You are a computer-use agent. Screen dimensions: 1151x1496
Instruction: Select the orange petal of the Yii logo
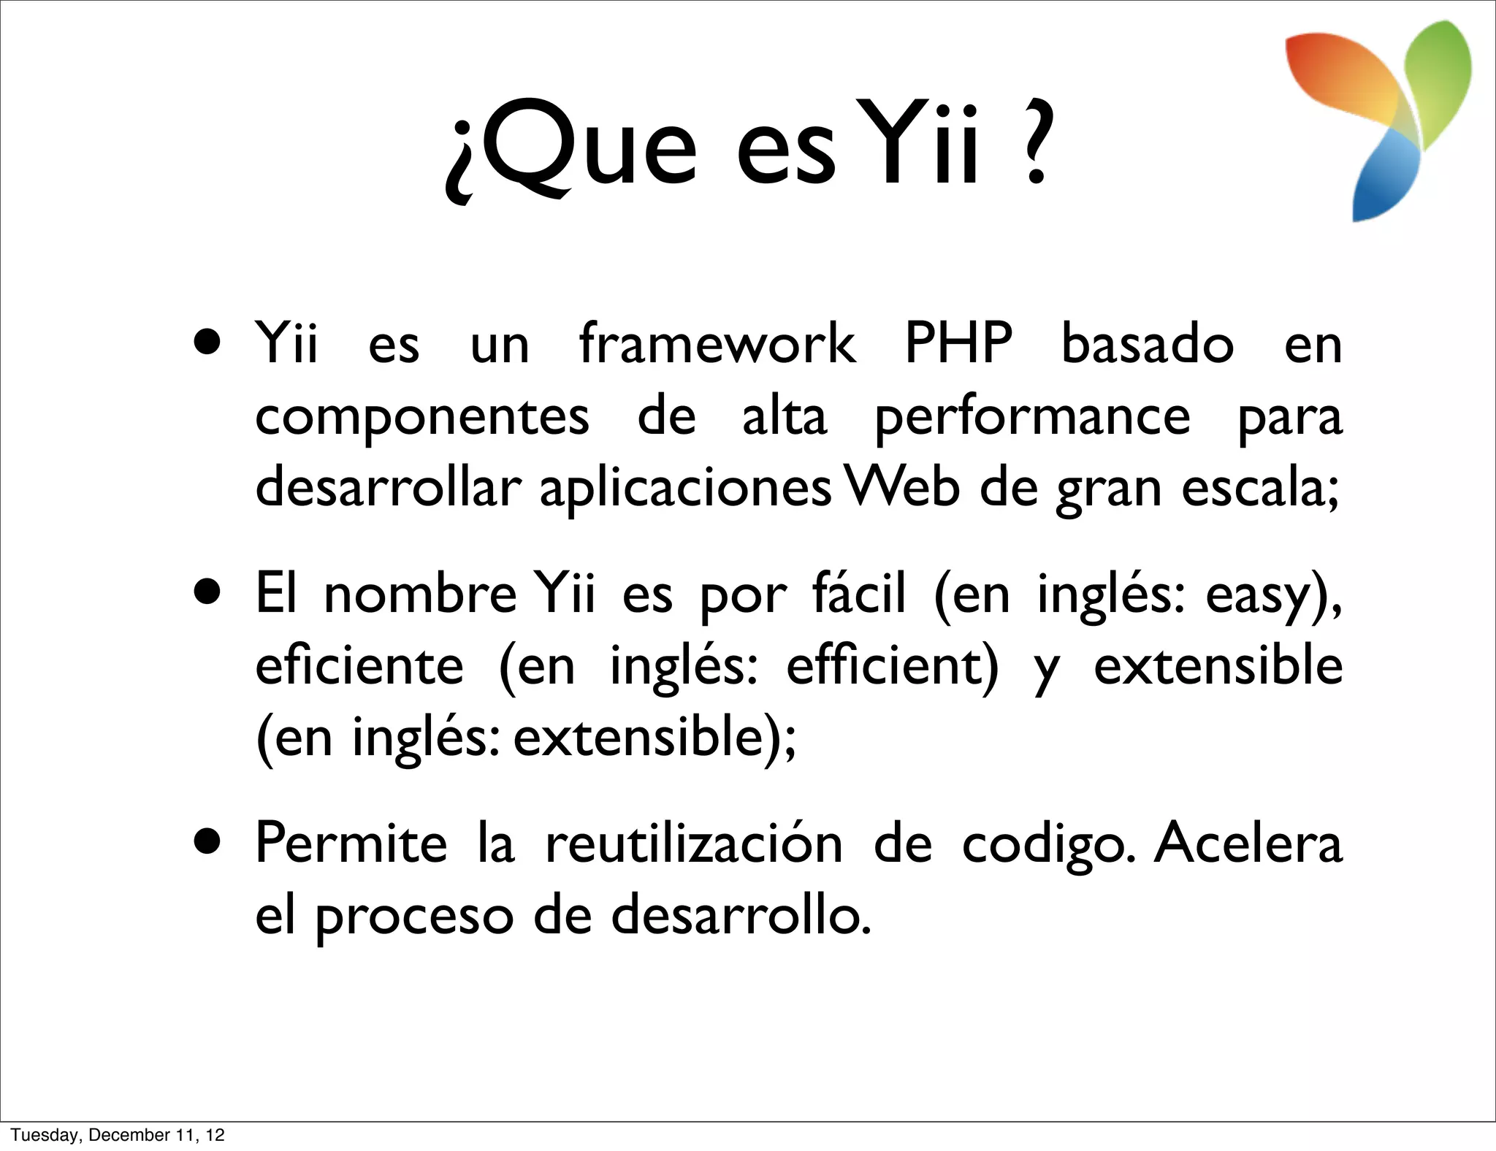1344,80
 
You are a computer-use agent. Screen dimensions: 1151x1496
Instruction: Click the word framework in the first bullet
717,343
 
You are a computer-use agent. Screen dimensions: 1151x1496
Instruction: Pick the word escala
1259,487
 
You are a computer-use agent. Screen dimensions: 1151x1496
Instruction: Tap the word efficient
892,666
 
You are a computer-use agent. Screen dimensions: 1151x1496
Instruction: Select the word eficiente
359,666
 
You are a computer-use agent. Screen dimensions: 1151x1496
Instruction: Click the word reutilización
694,844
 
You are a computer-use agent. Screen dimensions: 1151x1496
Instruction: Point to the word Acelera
1248,844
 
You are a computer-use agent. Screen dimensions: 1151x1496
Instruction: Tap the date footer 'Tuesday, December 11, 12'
118,1135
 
